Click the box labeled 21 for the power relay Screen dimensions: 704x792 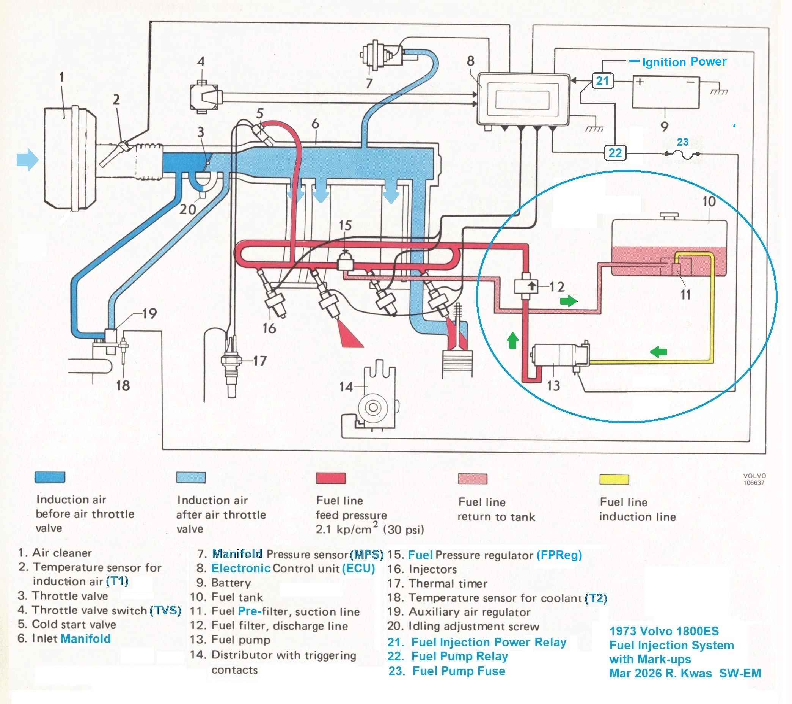602,81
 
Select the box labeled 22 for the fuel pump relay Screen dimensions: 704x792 615,152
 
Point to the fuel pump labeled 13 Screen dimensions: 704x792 560,355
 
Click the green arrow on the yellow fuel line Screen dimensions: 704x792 658,352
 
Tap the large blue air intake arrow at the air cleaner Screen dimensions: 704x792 28,160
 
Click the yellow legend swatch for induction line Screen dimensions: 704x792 614,479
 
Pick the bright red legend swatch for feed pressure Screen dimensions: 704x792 330,478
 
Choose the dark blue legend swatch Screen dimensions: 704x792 50,477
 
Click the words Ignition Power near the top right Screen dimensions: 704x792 684,62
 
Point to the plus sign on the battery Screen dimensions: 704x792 640,82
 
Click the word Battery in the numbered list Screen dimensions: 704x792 231,583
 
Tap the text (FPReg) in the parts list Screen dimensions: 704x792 559,555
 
